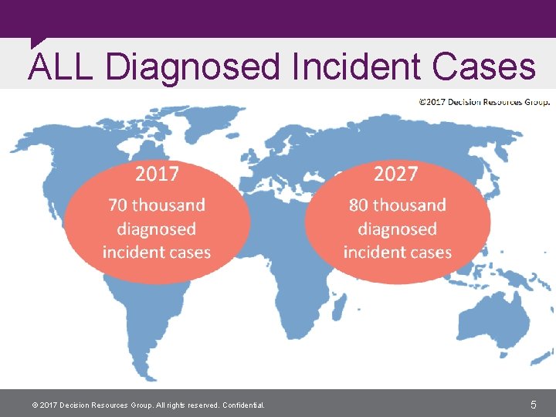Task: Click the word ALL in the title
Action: coord(61,66)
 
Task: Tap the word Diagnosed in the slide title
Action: coord(193,66)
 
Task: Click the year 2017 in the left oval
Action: coord(157,175)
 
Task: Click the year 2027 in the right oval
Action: coord(395,175)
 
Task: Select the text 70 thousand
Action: coord(157,205)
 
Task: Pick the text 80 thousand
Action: coord(398,205)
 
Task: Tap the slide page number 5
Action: coord(534,404)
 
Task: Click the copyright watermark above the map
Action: coord(484,101)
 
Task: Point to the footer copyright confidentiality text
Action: coord(147,405)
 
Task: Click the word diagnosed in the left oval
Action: coord(157,229)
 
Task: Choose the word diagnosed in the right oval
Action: coord(398,229)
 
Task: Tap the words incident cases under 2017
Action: coord(157,253)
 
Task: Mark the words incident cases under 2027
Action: coord(398,253)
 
